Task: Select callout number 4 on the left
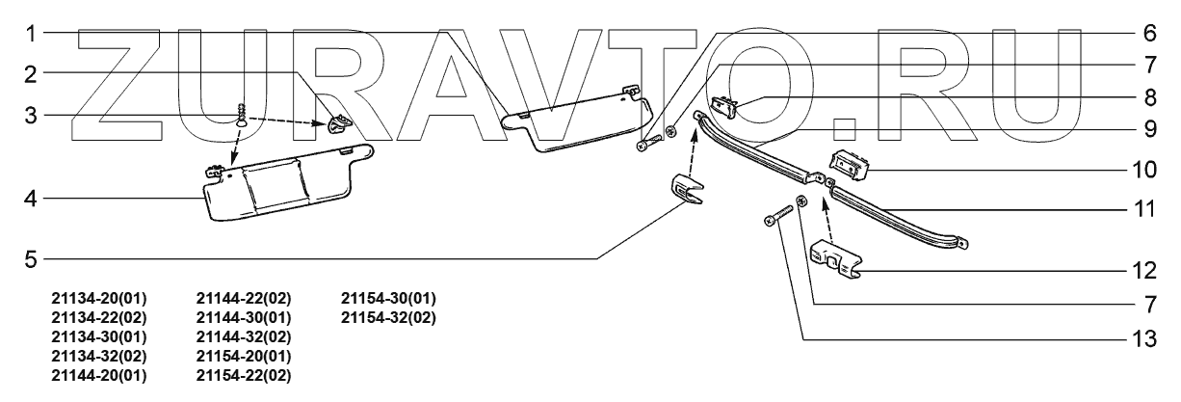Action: [x=31, y=199]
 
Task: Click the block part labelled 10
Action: [x=849, y=165]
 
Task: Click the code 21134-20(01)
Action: [x=98, y=298]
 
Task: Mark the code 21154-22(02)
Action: [x=243, y=374]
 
